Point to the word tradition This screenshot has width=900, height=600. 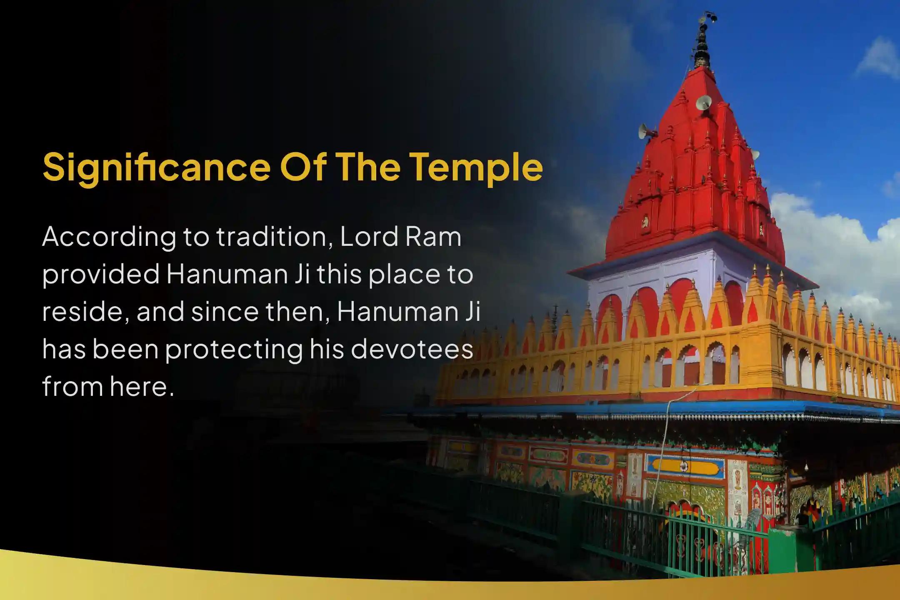[275, 237]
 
